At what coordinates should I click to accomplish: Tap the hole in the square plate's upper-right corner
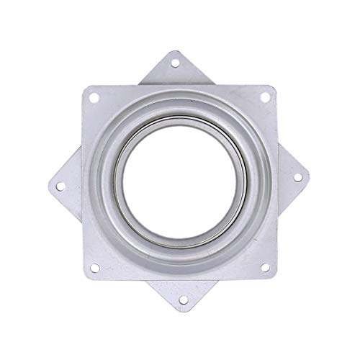coord(265,96)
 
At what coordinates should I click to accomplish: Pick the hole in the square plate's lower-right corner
coord(265,267)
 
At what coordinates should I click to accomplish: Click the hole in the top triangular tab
coord(174,63)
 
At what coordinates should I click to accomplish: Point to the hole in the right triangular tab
coord(297,176)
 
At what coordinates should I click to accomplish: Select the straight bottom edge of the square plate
coord(180,278)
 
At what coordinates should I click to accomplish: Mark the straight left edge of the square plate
coord(83,180)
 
